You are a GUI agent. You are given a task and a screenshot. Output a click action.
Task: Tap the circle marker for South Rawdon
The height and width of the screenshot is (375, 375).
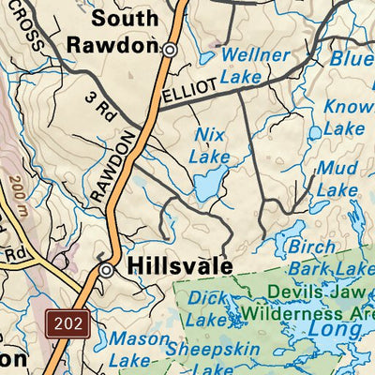(x=170, y=50)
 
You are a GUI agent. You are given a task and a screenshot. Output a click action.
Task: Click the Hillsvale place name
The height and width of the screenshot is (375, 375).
(x=179, y=267)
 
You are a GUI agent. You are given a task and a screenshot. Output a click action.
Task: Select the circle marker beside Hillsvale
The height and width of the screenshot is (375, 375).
(x=107, y=270)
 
